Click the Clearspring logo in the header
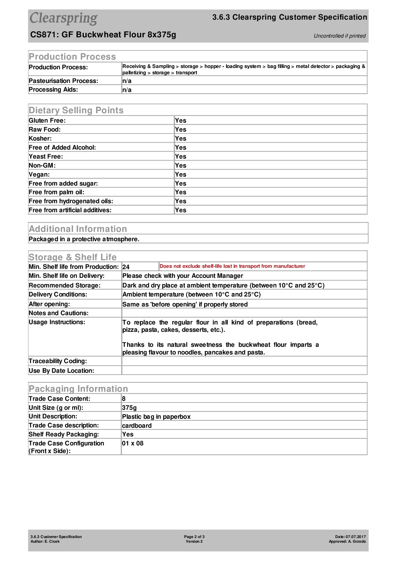pos(64,18)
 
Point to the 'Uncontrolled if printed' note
pos(339,36)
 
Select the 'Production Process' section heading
pos(72,57)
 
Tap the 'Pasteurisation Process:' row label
pos(64,81)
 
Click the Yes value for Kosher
pos(181,139)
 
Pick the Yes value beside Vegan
pos(181,175)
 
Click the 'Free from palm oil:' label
pos(57,192)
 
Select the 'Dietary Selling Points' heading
pos(76,110)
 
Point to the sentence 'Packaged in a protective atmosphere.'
pos(84,239)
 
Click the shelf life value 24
pos(126,267)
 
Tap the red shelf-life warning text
pos(232,266)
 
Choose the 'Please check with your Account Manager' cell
pos(183,276)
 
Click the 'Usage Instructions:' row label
pos(57,322)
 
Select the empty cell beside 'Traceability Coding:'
pos(244,361)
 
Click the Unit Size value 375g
pos(129,408)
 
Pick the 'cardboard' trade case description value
pos(137,426)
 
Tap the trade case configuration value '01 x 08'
pos(133,443)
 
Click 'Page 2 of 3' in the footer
pos(194,537)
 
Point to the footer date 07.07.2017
pos(355,537)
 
